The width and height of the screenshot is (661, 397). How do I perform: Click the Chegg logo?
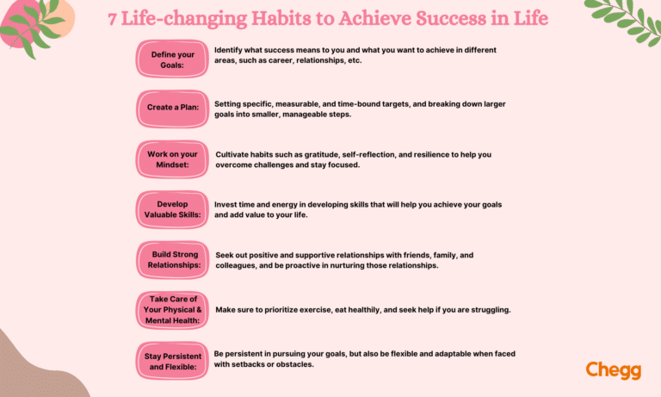click(x=613, y=370)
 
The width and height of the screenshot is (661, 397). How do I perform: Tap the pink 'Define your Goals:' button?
click(x=172, y=59)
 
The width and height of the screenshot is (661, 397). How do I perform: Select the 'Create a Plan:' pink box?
click(x=172, y=109)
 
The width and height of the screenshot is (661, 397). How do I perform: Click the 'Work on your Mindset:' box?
click(x=172, y=159)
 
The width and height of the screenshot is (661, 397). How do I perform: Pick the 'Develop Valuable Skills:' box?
click(x=172, y=209)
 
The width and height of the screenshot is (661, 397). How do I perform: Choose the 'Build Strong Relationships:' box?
click(x=172, y=260)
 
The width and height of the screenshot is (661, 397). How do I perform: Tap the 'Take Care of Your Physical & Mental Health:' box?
click(x=172, y=310)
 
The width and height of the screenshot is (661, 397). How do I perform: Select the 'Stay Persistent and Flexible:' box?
click(x=172, y=360)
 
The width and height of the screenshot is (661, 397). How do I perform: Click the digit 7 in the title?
click(x=114, y=19)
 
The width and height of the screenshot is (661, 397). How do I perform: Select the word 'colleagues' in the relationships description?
click(x=239, y=265)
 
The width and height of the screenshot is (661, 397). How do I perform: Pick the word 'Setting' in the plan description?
click(x=230, y=104)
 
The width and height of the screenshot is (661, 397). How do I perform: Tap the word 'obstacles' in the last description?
click(x=292, y=364)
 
